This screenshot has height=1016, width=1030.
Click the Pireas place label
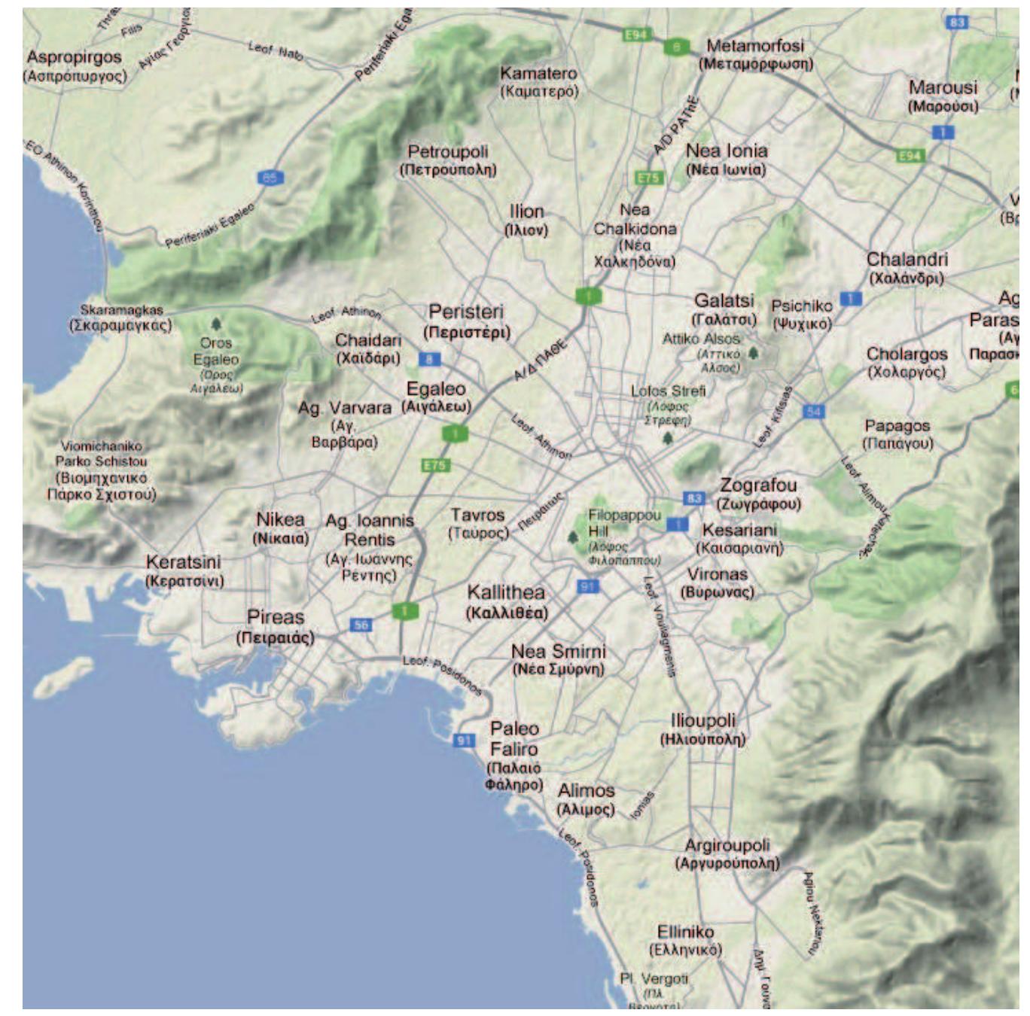(x=276, y=626)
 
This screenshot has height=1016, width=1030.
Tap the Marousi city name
(x=943, y=96)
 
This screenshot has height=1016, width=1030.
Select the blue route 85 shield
(x=270, y=178)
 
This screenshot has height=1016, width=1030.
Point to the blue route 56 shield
(x=361, y=625)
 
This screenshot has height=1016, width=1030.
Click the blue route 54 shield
(x=813, y=411)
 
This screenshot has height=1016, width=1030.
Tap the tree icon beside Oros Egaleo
(x=217, y=324)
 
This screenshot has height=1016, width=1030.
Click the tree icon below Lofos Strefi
(x=667, y=438)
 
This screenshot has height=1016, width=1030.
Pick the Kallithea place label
(x=506, y=601)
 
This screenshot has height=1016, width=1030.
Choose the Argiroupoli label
(x=727, y=853)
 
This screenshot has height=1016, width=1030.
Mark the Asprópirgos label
(x=75, y=65)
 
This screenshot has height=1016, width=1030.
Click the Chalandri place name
(x=907, y=268)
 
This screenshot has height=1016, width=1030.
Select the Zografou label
(x=758, y=494)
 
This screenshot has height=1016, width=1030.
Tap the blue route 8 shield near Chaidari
(x=429, y=359)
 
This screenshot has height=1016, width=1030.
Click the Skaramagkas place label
(x=121, y=318)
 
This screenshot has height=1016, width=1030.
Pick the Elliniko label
(x=685, y=940)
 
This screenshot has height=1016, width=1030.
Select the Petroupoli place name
(x=448, y=160)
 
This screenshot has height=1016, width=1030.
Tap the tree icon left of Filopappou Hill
(x=572, y=537)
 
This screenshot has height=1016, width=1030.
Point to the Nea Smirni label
(x=558, y=659)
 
